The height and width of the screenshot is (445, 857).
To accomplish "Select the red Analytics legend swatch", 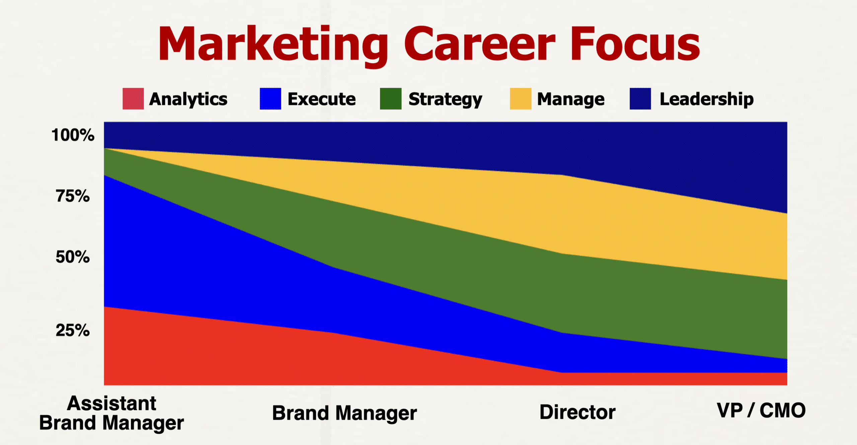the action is [x=133, y=99].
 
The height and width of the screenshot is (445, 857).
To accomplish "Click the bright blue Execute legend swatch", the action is [x=270, y=99].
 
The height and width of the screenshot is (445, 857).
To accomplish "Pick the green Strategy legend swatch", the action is [x=391, y=99].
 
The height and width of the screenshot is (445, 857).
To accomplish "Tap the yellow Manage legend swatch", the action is [x=521, y=99].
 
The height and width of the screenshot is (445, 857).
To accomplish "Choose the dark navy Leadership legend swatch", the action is [x=640, y=99].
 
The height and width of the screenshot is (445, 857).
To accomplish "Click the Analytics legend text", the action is [x=188, y=100].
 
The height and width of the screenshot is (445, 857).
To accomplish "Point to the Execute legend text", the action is [x=322, y=99].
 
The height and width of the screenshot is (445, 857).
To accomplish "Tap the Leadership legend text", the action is [x=707, y=99].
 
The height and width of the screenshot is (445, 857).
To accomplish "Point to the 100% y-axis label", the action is [x=73, y=135].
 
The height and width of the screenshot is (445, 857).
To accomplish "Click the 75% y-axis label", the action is [x=73, y=196].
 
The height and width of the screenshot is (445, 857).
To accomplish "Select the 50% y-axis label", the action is [x=73, y=257].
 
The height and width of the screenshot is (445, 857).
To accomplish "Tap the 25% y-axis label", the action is [x=73, y=330].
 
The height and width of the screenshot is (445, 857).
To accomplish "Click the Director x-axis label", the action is [x=577, y=412].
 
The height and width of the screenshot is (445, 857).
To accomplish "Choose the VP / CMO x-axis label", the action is [x=761, y=410].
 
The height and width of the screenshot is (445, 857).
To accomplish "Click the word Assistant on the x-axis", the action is [x=111, y=403].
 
